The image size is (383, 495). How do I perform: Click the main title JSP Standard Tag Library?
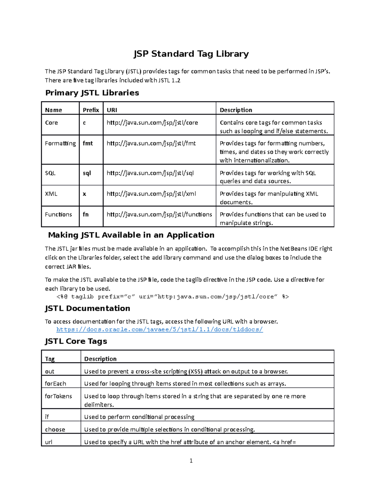click(191, 54)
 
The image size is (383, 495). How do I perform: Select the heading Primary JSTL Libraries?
click(92, 93)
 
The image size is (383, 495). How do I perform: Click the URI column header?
click(112, 110)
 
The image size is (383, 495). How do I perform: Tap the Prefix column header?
click(91, 110)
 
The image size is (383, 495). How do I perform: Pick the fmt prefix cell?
click(88, 143)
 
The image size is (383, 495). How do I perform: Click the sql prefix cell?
click(87, 173)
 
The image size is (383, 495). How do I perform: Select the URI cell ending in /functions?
click(159, 215)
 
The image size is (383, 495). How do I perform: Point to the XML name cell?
click(51, 194)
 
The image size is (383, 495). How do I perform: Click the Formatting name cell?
click(60, 143)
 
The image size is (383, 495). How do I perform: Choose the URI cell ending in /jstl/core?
click(152, 123)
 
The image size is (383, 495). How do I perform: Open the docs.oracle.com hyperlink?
click(160, 330)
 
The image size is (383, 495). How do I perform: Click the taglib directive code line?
click(173, 297)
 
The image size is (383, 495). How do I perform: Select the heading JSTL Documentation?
click(87, 308)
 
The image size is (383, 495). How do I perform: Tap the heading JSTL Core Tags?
click(76, 341)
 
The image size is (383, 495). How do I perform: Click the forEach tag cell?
click(56, 384)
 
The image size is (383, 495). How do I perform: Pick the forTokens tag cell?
click(58, 396)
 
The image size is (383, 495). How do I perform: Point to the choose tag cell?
click(55, 430)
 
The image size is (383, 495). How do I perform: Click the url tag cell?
click(49, 442)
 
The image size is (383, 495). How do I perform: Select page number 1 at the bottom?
click(191, 461)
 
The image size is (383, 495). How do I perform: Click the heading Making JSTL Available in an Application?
click(131, 235)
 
